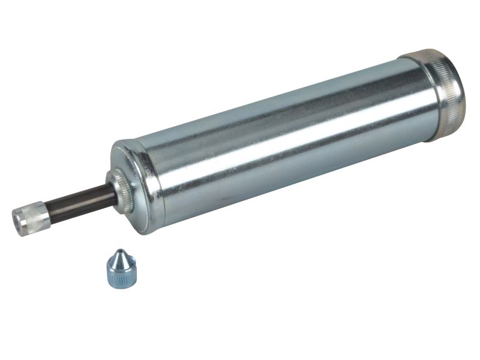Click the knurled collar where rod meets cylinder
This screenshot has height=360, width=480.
point(122,190)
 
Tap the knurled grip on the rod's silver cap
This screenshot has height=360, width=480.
point(36,216)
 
